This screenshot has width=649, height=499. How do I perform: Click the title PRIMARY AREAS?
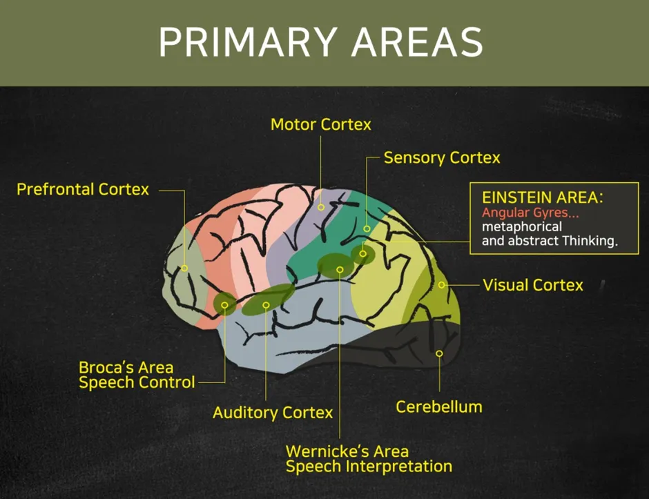coord(320,43)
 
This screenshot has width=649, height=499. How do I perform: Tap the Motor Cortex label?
coord(320,125)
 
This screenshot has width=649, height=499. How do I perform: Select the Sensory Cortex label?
coord(442,158)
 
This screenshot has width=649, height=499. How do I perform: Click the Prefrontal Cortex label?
coord(83,189)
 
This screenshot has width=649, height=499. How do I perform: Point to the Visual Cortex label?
coord(533,285)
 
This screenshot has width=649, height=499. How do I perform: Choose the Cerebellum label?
coord(438,407)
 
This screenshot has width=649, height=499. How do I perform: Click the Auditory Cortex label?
coord(273,413)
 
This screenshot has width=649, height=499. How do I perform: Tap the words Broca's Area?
coord(126,367)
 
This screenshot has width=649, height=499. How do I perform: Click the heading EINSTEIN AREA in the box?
coord(543,197)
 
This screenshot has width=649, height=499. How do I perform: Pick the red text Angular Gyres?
coord(530,213)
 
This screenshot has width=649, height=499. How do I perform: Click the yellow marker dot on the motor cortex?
coord(321,207)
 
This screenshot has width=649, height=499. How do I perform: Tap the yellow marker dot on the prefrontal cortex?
coord(185,268)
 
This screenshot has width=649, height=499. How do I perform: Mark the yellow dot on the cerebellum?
coord(439,353)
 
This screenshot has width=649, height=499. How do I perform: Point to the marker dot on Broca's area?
coord(225,304)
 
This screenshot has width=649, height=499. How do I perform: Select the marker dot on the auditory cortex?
coord(266,304)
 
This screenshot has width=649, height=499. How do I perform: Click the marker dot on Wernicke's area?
coord(340,269)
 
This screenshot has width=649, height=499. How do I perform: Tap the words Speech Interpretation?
coord(369,467)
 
